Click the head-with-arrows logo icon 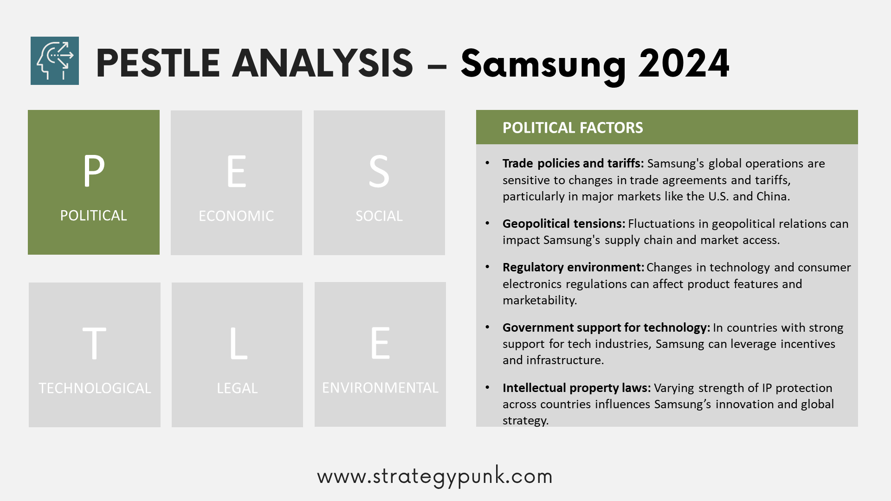pos(55,61)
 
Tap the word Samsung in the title pos(543,64)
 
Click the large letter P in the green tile pos(94,170)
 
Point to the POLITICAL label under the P pos(93,216)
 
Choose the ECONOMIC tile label pos(236,216)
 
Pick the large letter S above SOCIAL pos(379,171)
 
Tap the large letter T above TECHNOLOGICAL pos(94,343)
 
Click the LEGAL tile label pos(237,388)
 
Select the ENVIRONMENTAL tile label pos(380,388)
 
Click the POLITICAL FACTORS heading pos(573,128)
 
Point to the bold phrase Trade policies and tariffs pos(573,163)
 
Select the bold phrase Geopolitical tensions pos(564,224)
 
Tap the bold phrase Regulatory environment pos(573,267)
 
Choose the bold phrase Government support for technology pos(606,328)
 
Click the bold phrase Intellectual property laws pos(577,388)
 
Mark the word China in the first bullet pos(773,196)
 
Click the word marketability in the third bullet pos(540,300)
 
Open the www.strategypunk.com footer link pos(435,476)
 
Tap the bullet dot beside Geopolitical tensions pos(487,224)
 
